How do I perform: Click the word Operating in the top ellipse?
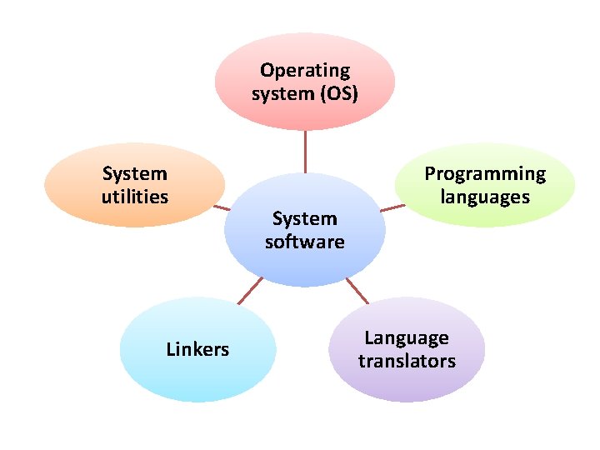pyautogui.click(x=305, y=71)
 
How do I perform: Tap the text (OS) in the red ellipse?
pyautogui.click(x=338, y=93)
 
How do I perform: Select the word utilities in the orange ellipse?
pyautogui.click(x=135, y=197)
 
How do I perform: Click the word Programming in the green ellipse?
pyautogui.click(x=485, y=174)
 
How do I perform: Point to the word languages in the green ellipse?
pyautogui.click(x=485, y=197)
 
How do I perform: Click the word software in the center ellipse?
pyautogui.click(x=305, y=242)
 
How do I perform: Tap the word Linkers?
pyautogui.click(x=197, y=349)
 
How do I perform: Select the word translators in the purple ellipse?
pyautogui.click(x=407, y=361)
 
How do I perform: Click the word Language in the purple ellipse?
pyautogui.click(x=407, y=338)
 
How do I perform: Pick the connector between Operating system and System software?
pyautogui.click(x=305, y=151)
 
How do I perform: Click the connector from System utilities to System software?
pyautogui.click(x=222, y=206)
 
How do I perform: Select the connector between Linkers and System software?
pyautogui.click(x=249, y=291)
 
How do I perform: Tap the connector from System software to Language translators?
pyautogui.click(x=356, y=290)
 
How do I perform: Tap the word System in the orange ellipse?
pyautogui.click(x=135, y=174)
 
